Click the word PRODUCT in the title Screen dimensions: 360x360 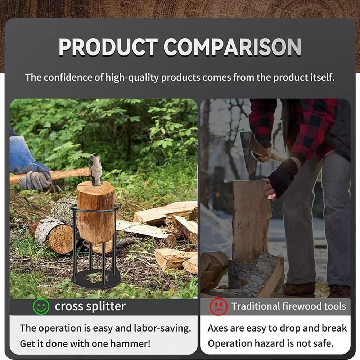[108, 47]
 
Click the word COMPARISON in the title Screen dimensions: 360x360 [232, 47]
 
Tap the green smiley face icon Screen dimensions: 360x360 [41, 307]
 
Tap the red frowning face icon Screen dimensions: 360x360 [219, 307]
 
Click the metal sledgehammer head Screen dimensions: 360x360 [96, 171]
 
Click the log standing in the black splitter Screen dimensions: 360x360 [96, 212]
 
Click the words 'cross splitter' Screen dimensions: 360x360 [90, 307]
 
